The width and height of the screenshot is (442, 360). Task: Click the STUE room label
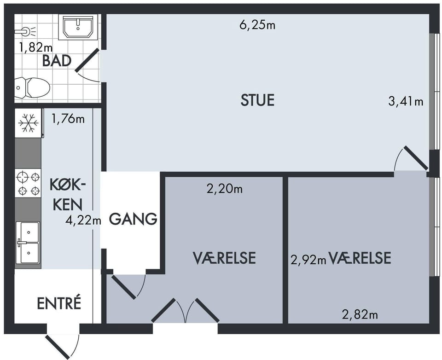coord(257,100)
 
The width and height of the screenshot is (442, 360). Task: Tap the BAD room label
coord(57,61)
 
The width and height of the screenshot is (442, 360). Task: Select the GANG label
coord(133,219)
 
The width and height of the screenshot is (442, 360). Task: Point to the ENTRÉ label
coord(59,303)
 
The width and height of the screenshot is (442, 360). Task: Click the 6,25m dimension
coord(257,25)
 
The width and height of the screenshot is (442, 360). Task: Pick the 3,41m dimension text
coord(406,101)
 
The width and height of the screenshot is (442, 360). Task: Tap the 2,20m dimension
coord(225,189)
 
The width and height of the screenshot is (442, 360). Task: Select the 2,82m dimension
coord(360,314)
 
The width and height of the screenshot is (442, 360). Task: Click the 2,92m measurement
coord(308,260)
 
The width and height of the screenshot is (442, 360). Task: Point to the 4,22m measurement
coord(83,220)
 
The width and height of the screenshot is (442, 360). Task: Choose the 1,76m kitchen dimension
coord(68,119)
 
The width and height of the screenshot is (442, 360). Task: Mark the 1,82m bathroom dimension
coord(36,47)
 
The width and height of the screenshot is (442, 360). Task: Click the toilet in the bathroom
coord(32,87)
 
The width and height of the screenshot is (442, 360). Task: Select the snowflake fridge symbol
coord(28,123)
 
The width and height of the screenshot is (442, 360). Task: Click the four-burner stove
coord(28,183)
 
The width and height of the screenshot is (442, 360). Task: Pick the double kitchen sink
coord(28,243)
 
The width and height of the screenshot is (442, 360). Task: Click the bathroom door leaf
coord(87,60)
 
